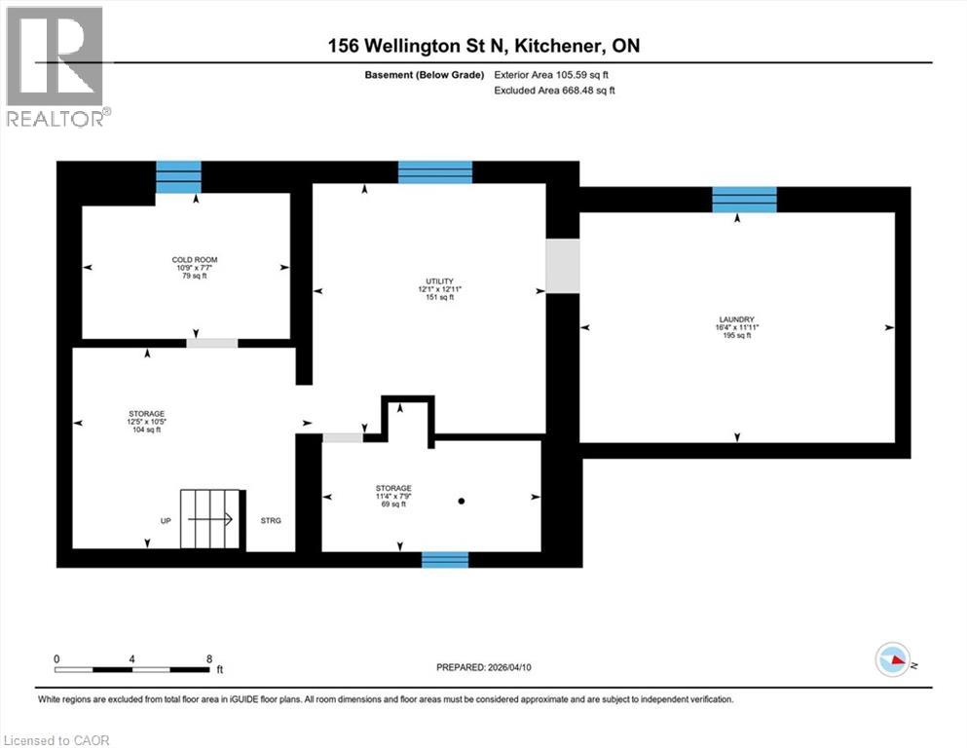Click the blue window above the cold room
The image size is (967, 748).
click(x=178, y=177)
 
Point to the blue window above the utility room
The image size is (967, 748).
click(x=435, y=172)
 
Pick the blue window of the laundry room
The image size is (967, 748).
click(x=744, y=199)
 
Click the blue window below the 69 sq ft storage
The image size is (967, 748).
click(x=444, y=559)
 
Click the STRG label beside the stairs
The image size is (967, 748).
click(x=271, y=521)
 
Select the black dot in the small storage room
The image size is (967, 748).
click(x=462, y=501)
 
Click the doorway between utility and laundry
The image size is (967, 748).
click(x=562, y=265)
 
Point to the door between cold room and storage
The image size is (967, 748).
click(x=211, y=343)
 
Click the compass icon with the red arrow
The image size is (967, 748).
click(x=893, y=659)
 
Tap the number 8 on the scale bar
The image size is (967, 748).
click(x=209, y=658)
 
